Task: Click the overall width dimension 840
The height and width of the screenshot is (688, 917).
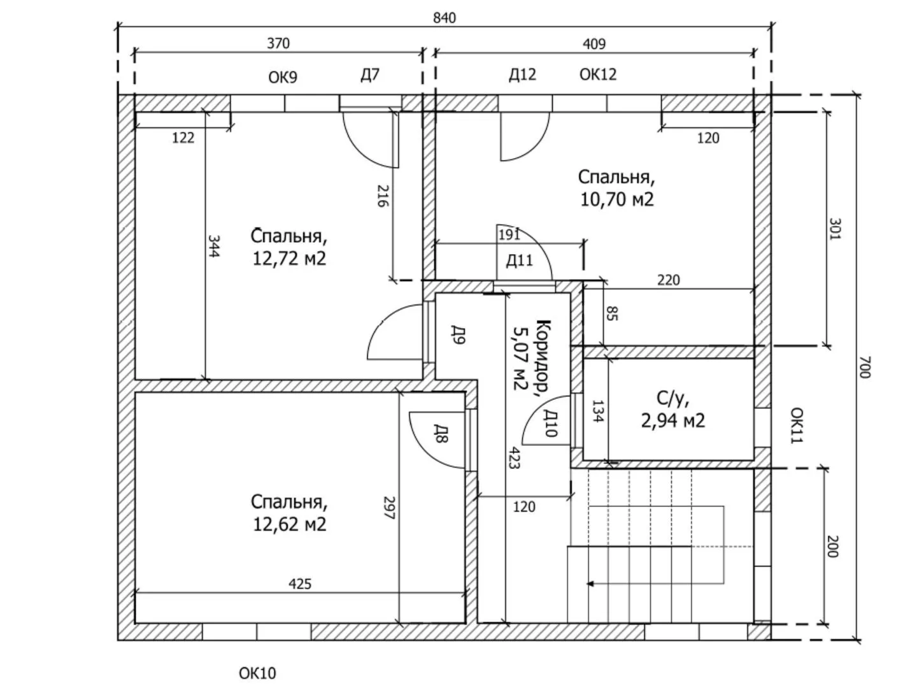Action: point(444,18)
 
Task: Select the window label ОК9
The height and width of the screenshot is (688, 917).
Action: point(283,77)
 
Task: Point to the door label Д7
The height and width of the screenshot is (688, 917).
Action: point(370,75)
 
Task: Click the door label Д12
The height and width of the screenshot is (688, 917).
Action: point(522,75)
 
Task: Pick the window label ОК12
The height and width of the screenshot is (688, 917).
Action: point(598,75)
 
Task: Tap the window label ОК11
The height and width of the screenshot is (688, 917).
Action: point(797,426)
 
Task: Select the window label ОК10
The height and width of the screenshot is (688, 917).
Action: point(257,673)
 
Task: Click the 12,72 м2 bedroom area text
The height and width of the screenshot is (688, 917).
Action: point(289,259)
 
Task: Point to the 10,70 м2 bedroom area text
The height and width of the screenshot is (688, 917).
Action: point(616,199)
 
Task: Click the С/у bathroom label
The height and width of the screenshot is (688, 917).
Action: point(672,399)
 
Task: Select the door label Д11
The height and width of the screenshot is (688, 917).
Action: point(519,261)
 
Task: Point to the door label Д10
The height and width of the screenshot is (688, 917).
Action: point(551,423)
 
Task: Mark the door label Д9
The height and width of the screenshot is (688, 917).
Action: point(458,334)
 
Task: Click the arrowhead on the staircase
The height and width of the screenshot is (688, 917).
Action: point(591,584)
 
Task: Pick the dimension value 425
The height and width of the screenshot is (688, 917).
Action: point(300,584)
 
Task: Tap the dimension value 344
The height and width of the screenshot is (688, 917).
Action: point(213,246)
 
